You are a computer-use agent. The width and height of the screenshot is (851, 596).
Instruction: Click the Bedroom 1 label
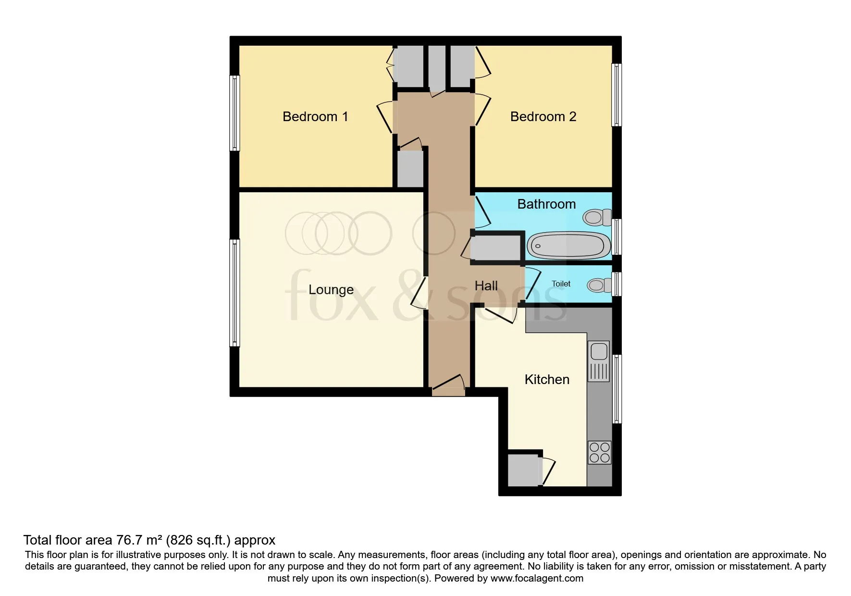(x=315, y=117)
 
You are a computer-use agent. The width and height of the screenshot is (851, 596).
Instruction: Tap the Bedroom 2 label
(x=543, y=117)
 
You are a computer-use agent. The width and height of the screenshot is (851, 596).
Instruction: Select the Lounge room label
(x=331, y=289)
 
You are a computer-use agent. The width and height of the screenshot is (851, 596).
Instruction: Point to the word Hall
(x=486, y=286)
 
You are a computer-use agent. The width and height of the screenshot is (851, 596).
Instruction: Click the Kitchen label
(x=547, y=380)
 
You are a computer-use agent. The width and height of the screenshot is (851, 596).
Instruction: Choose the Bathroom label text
(x=546, y=204)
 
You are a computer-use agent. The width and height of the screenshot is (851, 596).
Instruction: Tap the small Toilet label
(x=561, y=284)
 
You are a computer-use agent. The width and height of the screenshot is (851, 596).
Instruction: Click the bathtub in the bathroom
(x=568, y=246)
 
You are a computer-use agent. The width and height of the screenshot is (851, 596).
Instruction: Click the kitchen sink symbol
(x=599, y=351)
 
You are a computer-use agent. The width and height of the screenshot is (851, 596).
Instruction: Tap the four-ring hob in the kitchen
(x=599, y=452)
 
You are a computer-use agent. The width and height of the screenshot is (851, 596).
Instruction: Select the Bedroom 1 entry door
(x=385, y=118)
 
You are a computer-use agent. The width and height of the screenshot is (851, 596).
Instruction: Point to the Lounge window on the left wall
(x=234, y=293)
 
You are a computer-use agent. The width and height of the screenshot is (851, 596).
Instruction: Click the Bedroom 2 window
(x=617, y=95)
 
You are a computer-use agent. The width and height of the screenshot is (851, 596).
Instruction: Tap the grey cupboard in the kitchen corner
(x=524, y=470)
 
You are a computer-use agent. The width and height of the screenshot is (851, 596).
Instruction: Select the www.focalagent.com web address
(x=537, y=578)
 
